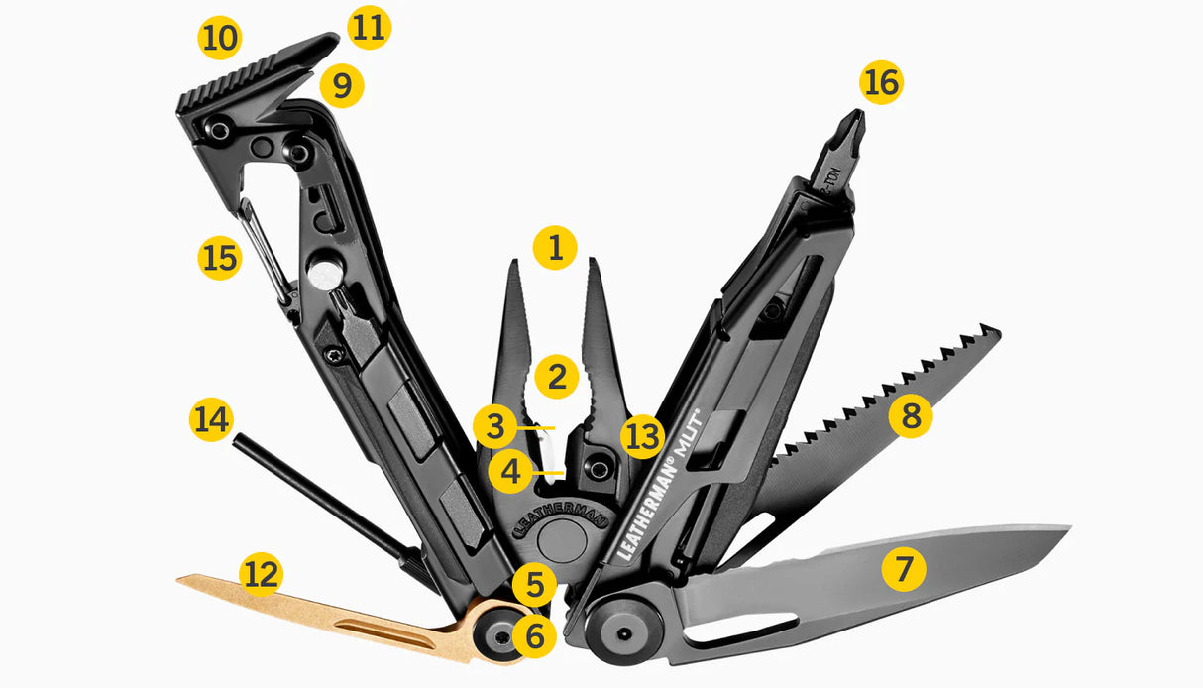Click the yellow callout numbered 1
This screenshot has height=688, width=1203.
point(555,248)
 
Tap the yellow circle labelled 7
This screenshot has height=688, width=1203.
point(904,570)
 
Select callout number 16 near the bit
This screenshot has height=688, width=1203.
point(882,83)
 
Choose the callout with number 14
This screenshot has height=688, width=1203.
point(210,420)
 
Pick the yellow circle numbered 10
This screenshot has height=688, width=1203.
point(220,39)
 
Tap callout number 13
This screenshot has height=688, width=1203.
point(643,436)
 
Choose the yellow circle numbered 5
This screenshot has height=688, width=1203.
point(535,585)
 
